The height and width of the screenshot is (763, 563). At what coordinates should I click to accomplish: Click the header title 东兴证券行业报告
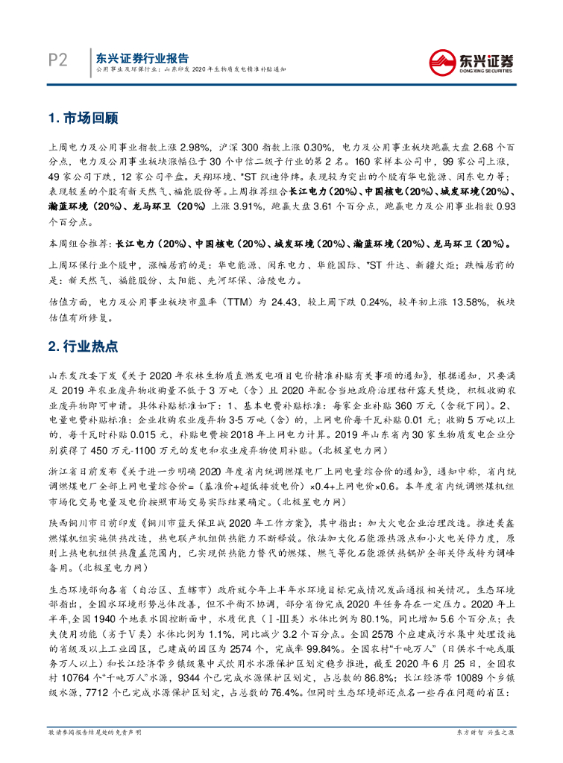click(138, 57)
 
